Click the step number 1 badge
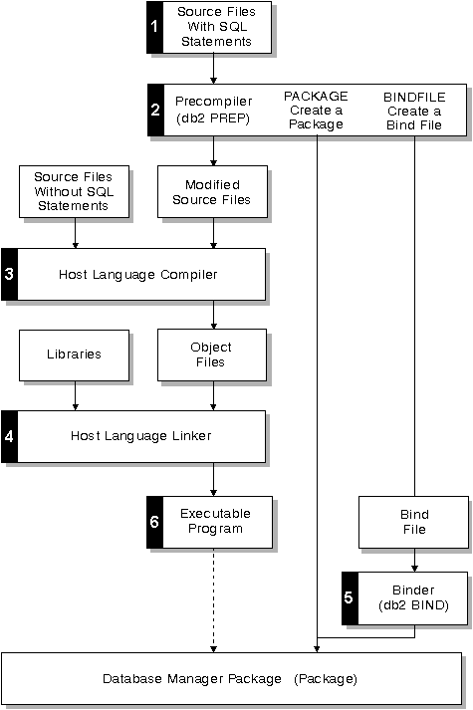154,27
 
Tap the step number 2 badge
155,110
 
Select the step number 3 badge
9,275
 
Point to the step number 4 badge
9,436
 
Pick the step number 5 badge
350,598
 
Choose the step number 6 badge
154,522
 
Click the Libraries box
75,355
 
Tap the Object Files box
212,355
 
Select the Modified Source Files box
212,191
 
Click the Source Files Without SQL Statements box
75,191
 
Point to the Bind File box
413,522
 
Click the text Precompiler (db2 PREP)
214,110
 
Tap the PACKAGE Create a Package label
316,110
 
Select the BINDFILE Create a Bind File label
414,111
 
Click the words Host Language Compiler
138,275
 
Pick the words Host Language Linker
140,436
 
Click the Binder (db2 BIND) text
413,597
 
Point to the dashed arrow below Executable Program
214,600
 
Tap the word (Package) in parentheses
326,679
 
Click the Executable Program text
215,521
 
